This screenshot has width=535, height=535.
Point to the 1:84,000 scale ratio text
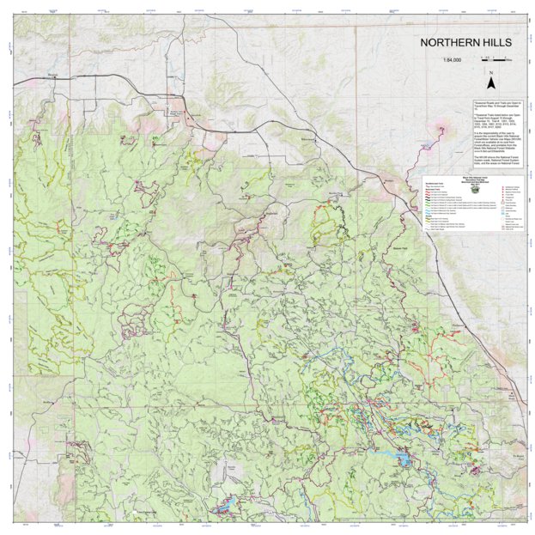pyautogui.click(x=453, y=60)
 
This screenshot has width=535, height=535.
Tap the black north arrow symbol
pyautogui.click(x=490, y=85)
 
